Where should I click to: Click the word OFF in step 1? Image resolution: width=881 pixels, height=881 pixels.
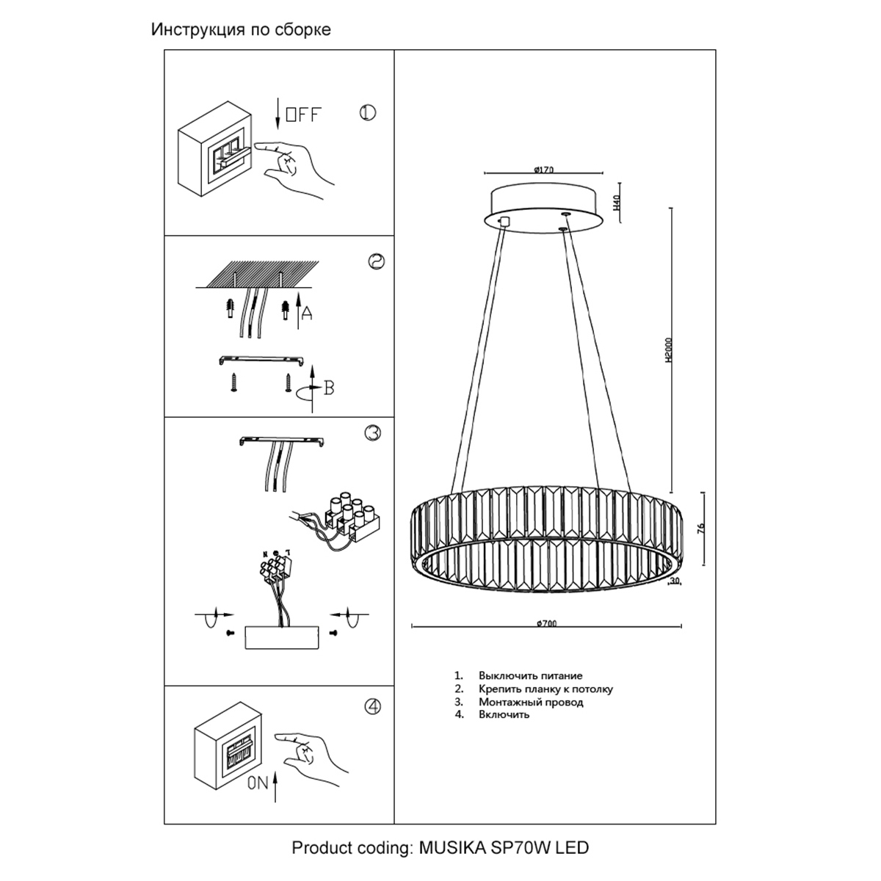click(303, 115)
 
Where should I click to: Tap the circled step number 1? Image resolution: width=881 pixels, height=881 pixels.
click(368, 112)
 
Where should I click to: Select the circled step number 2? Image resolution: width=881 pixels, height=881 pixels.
click(377, 261)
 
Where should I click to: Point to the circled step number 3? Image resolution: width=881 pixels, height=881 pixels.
click(373, 432)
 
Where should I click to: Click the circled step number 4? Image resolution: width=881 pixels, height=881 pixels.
click(373, 706)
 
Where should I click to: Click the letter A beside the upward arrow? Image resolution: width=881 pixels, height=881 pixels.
click(307, 313)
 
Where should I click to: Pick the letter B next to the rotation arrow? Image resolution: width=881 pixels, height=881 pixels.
click(329, 388)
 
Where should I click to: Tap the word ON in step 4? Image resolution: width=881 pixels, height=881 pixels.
click(258, 783)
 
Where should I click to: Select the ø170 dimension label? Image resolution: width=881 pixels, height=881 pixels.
click(543, 170)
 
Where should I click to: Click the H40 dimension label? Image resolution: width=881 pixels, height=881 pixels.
click(616, 202)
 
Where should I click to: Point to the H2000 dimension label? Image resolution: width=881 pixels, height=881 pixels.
click(669, 350)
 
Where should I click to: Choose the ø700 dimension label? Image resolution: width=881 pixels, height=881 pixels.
click(547, 623)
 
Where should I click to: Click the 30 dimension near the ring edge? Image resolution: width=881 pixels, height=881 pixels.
click(675, 581)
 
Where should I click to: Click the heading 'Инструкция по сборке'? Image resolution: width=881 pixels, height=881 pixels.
click(241, 29)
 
